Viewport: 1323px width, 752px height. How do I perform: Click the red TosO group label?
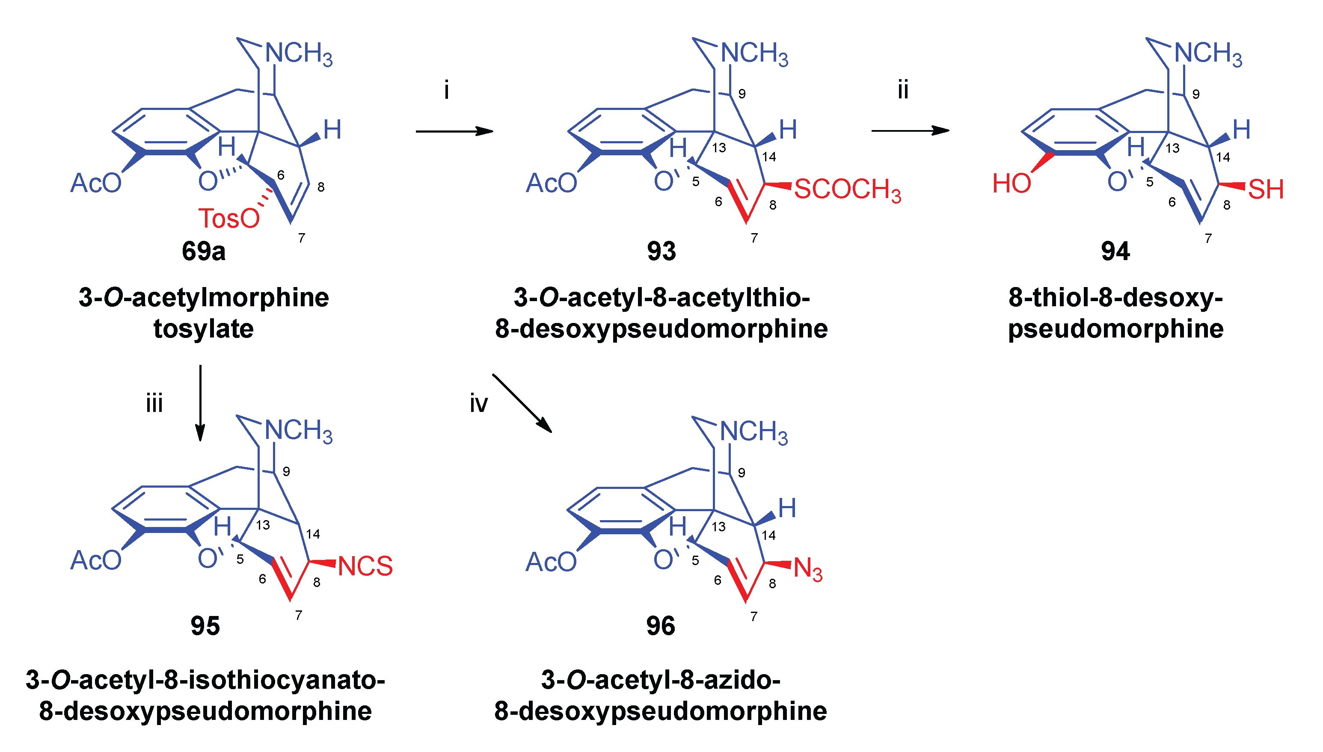point(229,219)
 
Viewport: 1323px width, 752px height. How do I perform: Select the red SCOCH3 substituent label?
point(847,189)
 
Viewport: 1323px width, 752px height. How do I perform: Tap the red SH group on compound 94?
point(1266,189)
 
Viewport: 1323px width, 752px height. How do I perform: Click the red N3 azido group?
point(807,569)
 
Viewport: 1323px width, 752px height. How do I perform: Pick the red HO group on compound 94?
point(1012,184)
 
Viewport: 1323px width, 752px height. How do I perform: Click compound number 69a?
point(204,252)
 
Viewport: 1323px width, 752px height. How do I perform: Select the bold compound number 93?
point(661,252)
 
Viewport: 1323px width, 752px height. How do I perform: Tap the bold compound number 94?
point(1115,252)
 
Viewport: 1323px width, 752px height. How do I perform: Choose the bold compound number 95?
point(205,627)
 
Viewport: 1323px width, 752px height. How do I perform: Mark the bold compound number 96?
point(661,627)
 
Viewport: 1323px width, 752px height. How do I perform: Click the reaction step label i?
point(447,90)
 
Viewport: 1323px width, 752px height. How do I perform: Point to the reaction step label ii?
point(903,90)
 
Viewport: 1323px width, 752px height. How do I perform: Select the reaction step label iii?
point(154,403)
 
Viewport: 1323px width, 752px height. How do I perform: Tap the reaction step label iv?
point(479,403)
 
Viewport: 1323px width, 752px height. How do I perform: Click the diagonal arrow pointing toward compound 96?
point(522,403)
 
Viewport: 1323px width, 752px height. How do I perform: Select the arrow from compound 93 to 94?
point(910,130)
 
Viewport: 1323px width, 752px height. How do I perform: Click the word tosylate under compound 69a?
point(204,329)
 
